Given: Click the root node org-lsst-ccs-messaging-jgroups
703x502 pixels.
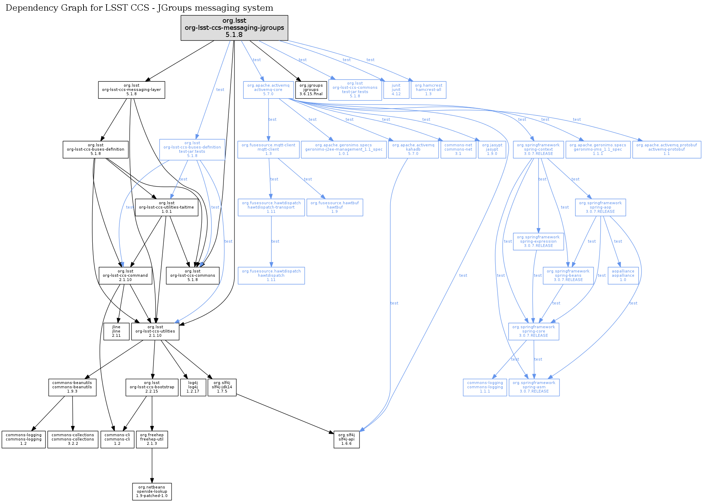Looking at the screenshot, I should (x=234, y=28).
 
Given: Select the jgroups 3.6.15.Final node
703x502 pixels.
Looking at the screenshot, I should (x=311, y=90).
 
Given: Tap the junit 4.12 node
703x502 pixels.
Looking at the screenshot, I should (x=396, y=90).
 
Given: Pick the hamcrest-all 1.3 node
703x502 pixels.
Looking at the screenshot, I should (x=428, y=90).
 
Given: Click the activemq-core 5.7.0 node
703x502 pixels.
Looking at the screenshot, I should (x=268, y=90).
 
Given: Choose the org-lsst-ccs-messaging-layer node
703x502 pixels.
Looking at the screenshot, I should (x=131, y=90).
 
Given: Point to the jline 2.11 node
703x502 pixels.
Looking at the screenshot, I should (x=116, y=331).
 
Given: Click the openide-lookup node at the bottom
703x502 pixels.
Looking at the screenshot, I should (x=152, y=491).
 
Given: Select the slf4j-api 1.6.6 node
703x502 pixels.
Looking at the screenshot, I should (x=346, y=439).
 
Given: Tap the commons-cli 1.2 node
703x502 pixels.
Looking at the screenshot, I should (x=117, y=439).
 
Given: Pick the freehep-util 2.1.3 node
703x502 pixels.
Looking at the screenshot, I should (x=152, y=439).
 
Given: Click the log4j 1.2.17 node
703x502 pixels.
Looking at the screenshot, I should (x=193, y=387).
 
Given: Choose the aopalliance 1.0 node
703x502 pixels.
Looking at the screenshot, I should (x=623, y=275).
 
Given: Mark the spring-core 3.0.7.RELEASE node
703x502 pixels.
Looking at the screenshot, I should (x=534, y=331).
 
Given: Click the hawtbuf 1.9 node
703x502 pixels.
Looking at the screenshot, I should (x=335, y=207).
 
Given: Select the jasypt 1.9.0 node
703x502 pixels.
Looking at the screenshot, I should (x=492, y=150).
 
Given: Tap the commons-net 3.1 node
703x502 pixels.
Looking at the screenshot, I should (x=458, y=150).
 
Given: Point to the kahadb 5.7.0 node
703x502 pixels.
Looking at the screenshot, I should (x=413, y=150).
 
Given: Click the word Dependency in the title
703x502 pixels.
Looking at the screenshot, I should (x=27, y=8).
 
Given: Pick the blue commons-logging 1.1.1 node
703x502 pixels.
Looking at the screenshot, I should (x=485, y=387).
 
